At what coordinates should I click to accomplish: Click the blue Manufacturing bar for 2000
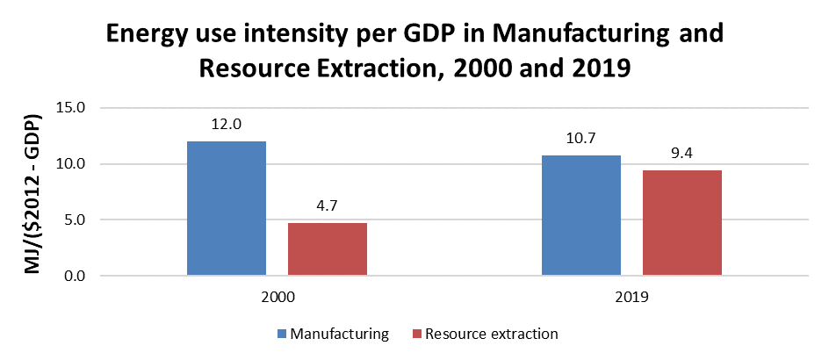click(227, 208)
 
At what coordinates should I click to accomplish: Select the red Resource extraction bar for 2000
click(328, 249)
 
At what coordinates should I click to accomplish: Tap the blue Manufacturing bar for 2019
click(581, 215)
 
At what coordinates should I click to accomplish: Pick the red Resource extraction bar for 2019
click(682, 223)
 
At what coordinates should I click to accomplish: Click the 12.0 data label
click(227, 125)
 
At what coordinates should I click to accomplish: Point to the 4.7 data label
click(328, 206)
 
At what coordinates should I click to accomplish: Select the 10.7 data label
click(581, 139)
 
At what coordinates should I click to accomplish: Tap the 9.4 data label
click(682, 154)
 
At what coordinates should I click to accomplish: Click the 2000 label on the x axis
click(277, 299)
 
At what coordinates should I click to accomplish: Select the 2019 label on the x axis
click(631, 299)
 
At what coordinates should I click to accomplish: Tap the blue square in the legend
click(283, 334)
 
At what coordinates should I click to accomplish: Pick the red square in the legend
click(416, 334)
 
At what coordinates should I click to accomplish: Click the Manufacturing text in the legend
click(340, 334)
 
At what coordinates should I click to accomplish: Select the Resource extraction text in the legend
click(491, 334)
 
